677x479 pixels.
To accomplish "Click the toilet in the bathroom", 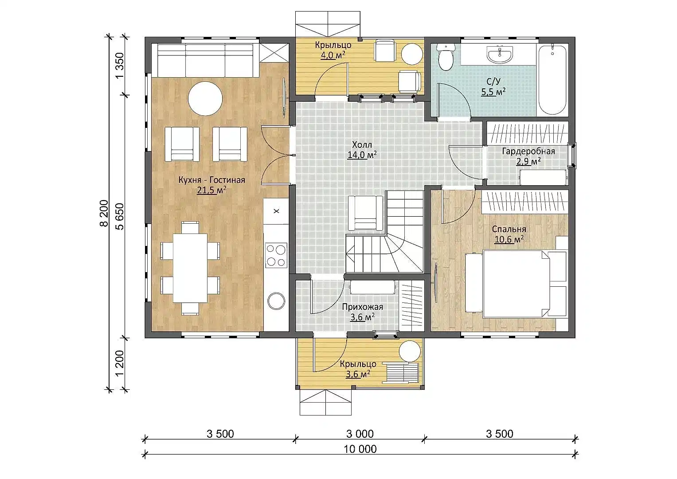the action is point(446,57).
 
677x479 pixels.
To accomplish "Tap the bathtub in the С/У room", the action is point(552,80).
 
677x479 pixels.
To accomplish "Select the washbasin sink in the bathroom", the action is point(500,55).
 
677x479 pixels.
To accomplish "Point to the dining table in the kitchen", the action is point(190,268).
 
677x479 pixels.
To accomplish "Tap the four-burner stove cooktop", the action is point(276,255).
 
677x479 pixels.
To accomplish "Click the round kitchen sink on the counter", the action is point(276,301).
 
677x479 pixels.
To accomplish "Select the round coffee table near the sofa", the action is point(205,99).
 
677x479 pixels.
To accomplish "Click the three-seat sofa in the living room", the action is point(205,60).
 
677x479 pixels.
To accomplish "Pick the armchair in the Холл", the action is point(365,213).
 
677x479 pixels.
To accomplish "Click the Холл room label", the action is point(362,145).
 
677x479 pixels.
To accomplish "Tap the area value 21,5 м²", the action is point(211,190).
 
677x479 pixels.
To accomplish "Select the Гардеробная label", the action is point(528,151).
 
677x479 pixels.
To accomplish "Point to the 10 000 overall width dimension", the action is point(360,449).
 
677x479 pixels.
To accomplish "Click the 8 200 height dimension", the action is point(104,213).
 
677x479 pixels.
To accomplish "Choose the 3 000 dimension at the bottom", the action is point(360,434).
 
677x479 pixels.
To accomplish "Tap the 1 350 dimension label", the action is point(119,65).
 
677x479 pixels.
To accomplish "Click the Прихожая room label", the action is point(362,307).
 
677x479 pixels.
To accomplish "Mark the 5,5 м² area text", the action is point(493,92).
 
